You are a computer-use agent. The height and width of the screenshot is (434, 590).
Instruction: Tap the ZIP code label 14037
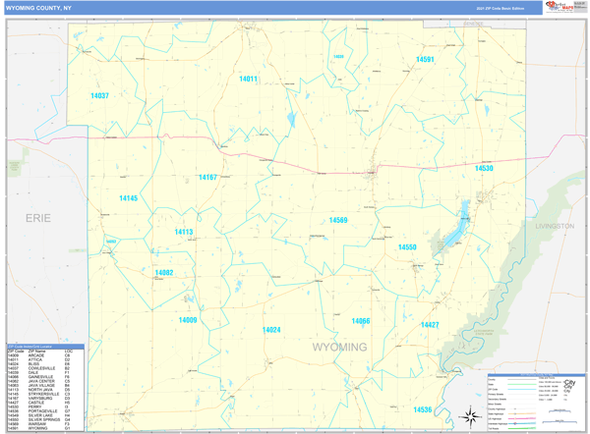pos(99,95)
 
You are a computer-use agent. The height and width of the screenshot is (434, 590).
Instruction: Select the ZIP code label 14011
pos(248,79)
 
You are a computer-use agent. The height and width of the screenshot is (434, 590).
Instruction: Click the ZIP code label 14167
pos(207,178)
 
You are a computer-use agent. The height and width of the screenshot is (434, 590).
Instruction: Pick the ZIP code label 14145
pos(129,198)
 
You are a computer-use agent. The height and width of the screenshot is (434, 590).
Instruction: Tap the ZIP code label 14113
pos(184,233)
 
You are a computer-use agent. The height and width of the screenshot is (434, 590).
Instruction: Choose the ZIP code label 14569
pos(338,220)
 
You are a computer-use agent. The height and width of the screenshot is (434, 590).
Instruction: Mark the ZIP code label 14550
pos(407,247)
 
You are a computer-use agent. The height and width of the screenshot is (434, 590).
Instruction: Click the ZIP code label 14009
pos(188,320)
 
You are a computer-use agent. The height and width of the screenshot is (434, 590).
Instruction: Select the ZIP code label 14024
pos(271,330)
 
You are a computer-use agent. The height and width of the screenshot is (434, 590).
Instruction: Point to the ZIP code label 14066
pos(361,321)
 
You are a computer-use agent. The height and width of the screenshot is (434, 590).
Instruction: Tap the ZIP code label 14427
pos(430,324)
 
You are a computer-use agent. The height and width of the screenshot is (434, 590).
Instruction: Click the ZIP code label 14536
pos(422,409)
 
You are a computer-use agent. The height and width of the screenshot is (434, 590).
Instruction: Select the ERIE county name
pos(38,218)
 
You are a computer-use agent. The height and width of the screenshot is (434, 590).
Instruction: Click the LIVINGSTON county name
pos(554,226)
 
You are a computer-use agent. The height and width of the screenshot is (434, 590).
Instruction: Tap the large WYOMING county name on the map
pos(339,348)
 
